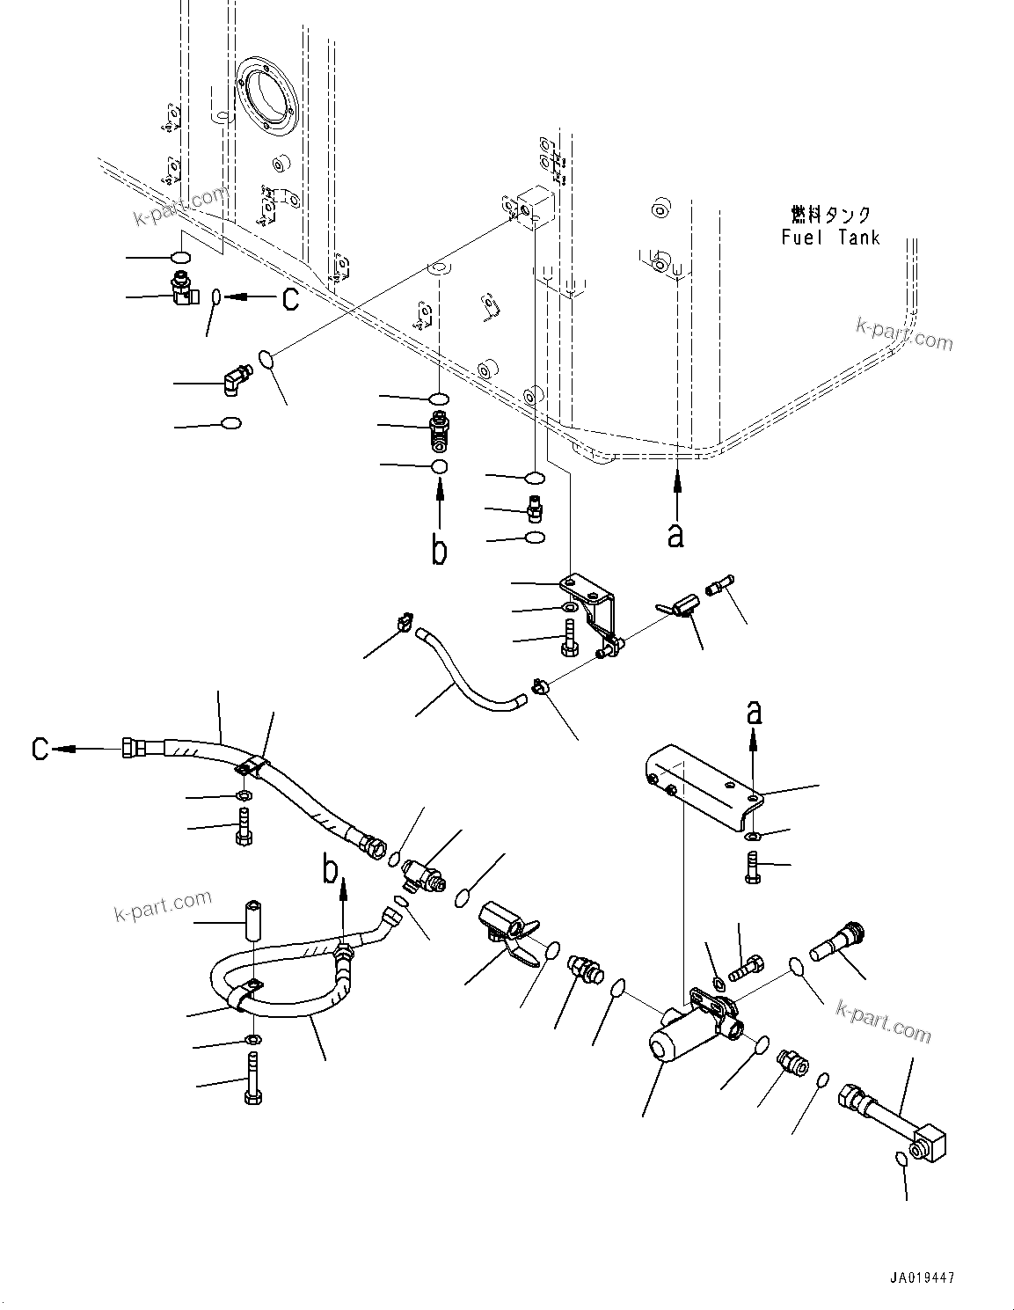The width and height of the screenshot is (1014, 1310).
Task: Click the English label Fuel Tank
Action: [x=829, y=237]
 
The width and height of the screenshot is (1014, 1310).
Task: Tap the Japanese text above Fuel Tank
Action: [x=829, y=215]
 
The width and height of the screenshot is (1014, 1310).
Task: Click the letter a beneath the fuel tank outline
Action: [x=675, y=534]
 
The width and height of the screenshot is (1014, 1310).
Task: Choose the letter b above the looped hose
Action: [x=331, y=870]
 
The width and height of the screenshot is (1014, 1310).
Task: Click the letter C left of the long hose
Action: [x=40, y=749]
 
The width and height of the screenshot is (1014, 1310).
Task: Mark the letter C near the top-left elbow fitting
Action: [x=289, y=299]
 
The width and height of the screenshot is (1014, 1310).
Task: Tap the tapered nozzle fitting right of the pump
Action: [x=835, y=941]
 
